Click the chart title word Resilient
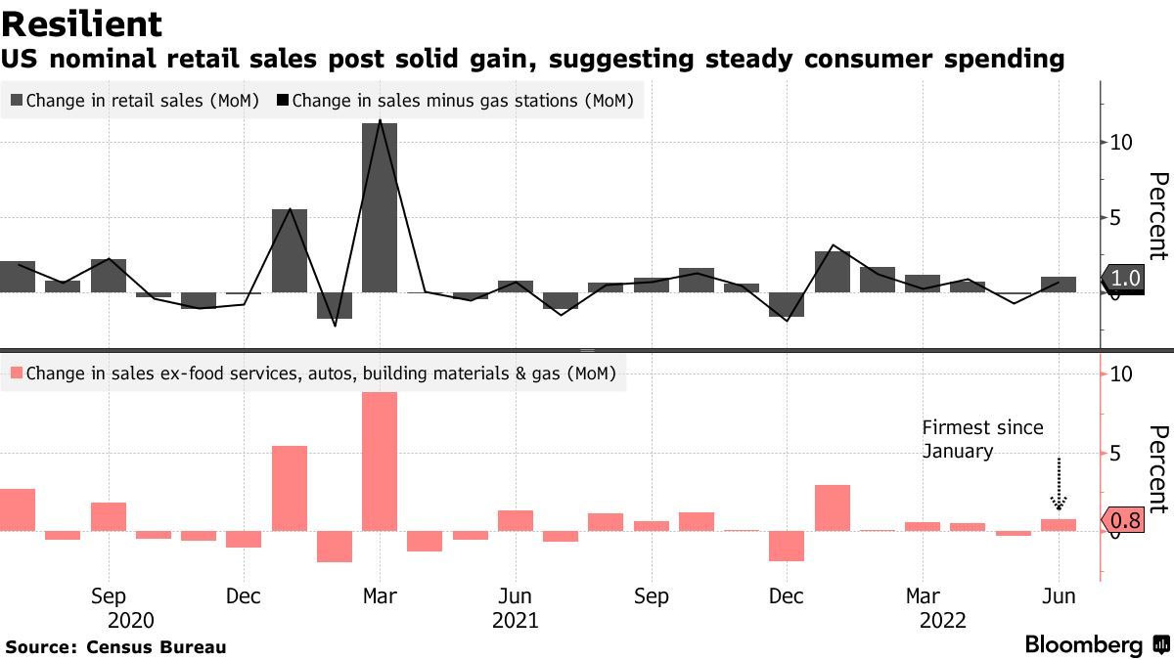[x=82, y=23]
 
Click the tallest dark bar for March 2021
[x=380, y=207]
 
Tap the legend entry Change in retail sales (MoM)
[x=135, y=100]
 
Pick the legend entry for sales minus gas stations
[x=456, y=100]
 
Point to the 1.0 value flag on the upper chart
[x=1127, y=279]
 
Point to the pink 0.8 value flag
[x=1127, y=520]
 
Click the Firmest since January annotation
[x=982, y=439]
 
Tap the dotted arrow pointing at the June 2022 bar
[x=1059, y=484]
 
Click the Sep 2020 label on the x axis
[x=108, y=596]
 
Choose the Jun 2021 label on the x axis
[x=515, y=596]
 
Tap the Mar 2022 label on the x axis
[x=923, y=596]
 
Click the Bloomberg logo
[x=1083, y=645]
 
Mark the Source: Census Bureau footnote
[x=115, y=647]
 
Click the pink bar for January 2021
[x=289, y=488]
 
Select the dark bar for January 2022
[x=833, y=272]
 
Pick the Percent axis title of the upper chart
[x=1158, y=215]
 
